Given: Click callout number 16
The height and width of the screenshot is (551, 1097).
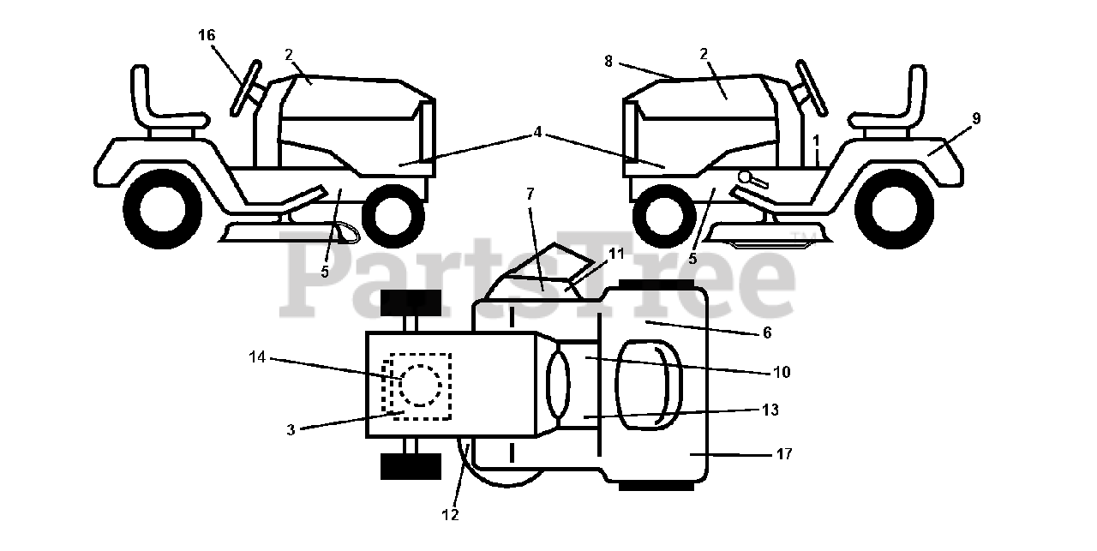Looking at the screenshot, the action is [x=207, y=35].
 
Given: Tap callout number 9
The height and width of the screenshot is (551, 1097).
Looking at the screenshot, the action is [x=976, y=118].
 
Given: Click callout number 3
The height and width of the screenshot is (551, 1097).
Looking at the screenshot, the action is [x=291, y=430].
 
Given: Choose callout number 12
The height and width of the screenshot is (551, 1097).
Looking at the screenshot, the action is [x=450, y=515].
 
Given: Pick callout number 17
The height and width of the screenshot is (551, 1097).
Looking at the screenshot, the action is [x=783, y=454].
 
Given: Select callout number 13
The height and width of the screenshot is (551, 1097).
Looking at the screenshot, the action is [x=770, y=410].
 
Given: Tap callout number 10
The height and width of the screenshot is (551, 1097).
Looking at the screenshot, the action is [x=781, y=373].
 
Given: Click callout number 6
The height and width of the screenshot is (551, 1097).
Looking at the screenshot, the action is [x=766, y=332].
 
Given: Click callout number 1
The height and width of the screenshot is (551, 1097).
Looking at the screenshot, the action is [x=817, y=139].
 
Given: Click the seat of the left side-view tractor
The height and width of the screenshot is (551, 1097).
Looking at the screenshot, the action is [x=163, y=107].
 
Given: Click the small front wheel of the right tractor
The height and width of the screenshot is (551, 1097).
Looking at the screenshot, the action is [x=664, y=212].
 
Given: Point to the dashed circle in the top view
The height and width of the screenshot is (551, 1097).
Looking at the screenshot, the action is [x=421, y=384].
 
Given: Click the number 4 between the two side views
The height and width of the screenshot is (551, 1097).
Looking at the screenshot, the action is [x=537, y=132].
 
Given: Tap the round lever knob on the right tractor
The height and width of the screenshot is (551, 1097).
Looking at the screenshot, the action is [x=746, y=177].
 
